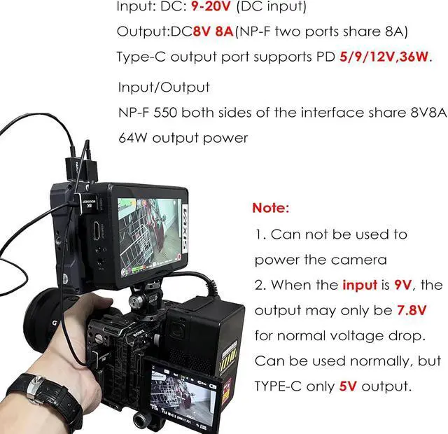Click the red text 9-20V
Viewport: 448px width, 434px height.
(210, 6)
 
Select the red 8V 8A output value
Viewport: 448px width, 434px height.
(213, 31)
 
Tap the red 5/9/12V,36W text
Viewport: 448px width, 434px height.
(384, 57)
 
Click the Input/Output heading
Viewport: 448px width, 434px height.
(164, 87)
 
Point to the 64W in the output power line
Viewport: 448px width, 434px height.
(133, 138)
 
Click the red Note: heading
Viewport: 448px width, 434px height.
(271, 208)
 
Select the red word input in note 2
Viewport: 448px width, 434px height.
(360, 285)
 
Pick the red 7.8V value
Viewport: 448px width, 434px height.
(412, 310)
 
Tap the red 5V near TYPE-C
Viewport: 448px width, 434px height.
(348, 386)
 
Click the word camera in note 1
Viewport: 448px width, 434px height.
(359, 260)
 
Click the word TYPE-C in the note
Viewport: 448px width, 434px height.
(278, 386)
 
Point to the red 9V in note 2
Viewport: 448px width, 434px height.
(403, 285)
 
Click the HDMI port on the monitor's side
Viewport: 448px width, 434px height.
(97, 230)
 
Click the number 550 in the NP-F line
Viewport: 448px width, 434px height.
(165, 113)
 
